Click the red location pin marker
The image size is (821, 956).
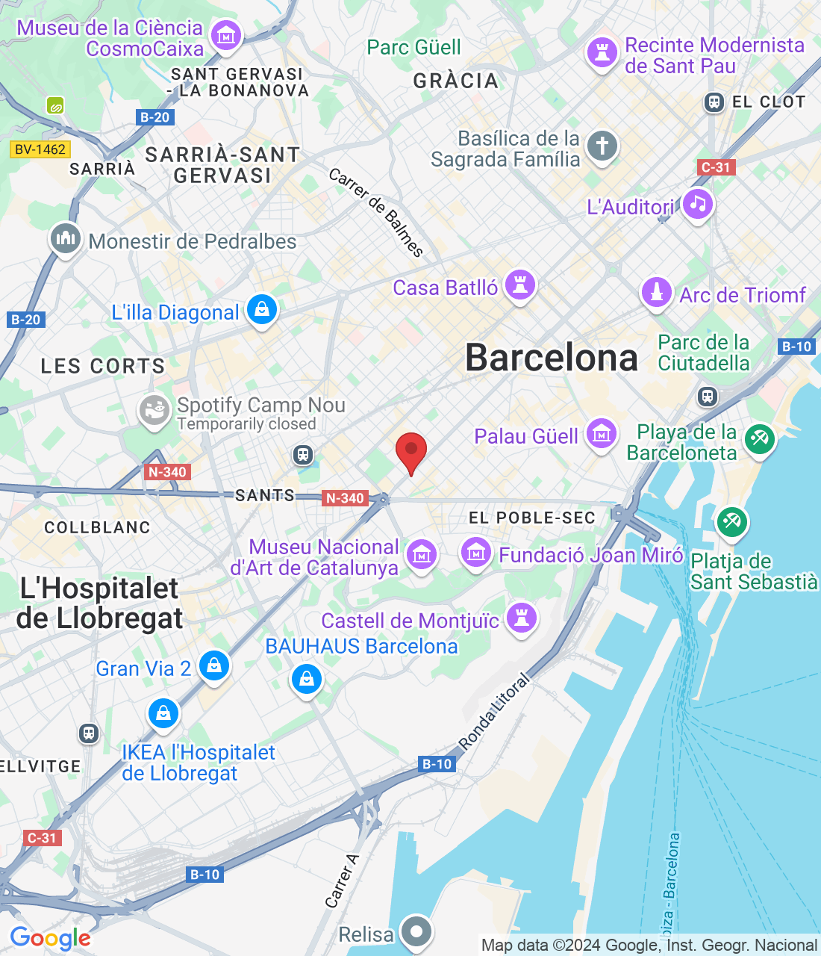coord(410,451)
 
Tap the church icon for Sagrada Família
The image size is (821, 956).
coord(602,146)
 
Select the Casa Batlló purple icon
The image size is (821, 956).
coord(520,285)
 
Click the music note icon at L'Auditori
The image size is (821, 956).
coord(698,204)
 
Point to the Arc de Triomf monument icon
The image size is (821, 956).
coord(657,292)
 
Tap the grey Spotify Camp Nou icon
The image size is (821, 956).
coord(154,410)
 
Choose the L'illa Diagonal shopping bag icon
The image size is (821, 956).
coord(262,309)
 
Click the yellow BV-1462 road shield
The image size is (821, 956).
coord(40,149)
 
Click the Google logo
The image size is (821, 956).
coord(50,938)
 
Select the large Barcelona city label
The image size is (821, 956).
coord(552,358)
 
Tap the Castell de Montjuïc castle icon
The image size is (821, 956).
coord(522,618)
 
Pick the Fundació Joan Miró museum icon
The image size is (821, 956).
coord(475,553)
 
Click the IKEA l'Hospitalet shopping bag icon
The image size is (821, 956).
coord(163,713)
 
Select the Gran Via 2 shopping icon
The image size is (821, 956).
coord(214,665)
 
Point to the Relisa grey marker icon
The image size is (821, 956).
coord(416,931)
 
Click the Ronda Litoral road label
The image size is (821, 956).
coord(494,711)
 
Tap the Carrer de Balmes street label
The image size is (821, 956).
coord(376,212)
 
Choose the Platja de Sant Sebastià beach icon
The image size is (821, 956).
coord(731,522)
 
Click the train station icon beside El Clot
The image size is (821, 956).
coord(714,102)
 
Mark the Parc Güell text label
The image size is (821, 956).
coord(413,47)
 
